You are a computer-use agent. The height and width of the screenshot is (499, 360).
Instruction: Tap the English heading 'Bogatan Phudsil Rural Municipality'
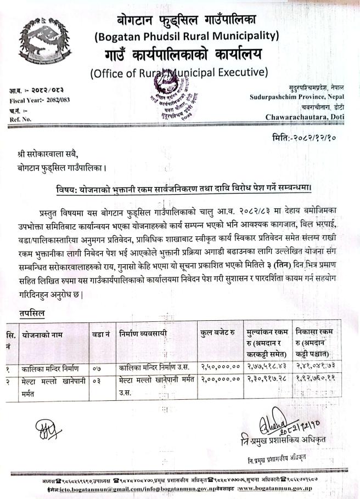(x=187, y=37)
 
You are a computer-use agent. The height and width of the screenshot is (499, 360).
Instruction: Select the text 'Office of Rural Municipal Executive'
(x=179, y=72)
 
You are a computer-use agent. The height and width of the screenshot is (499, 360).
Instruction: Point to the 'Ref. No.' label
(x=20, y=118)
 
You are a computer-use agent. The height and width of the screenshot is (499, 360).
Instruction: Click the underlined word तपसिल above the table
(x=31, y=313)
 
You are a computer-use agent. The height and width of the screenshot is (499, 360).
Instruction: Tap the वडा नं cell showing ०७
(x=99, y=367)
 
